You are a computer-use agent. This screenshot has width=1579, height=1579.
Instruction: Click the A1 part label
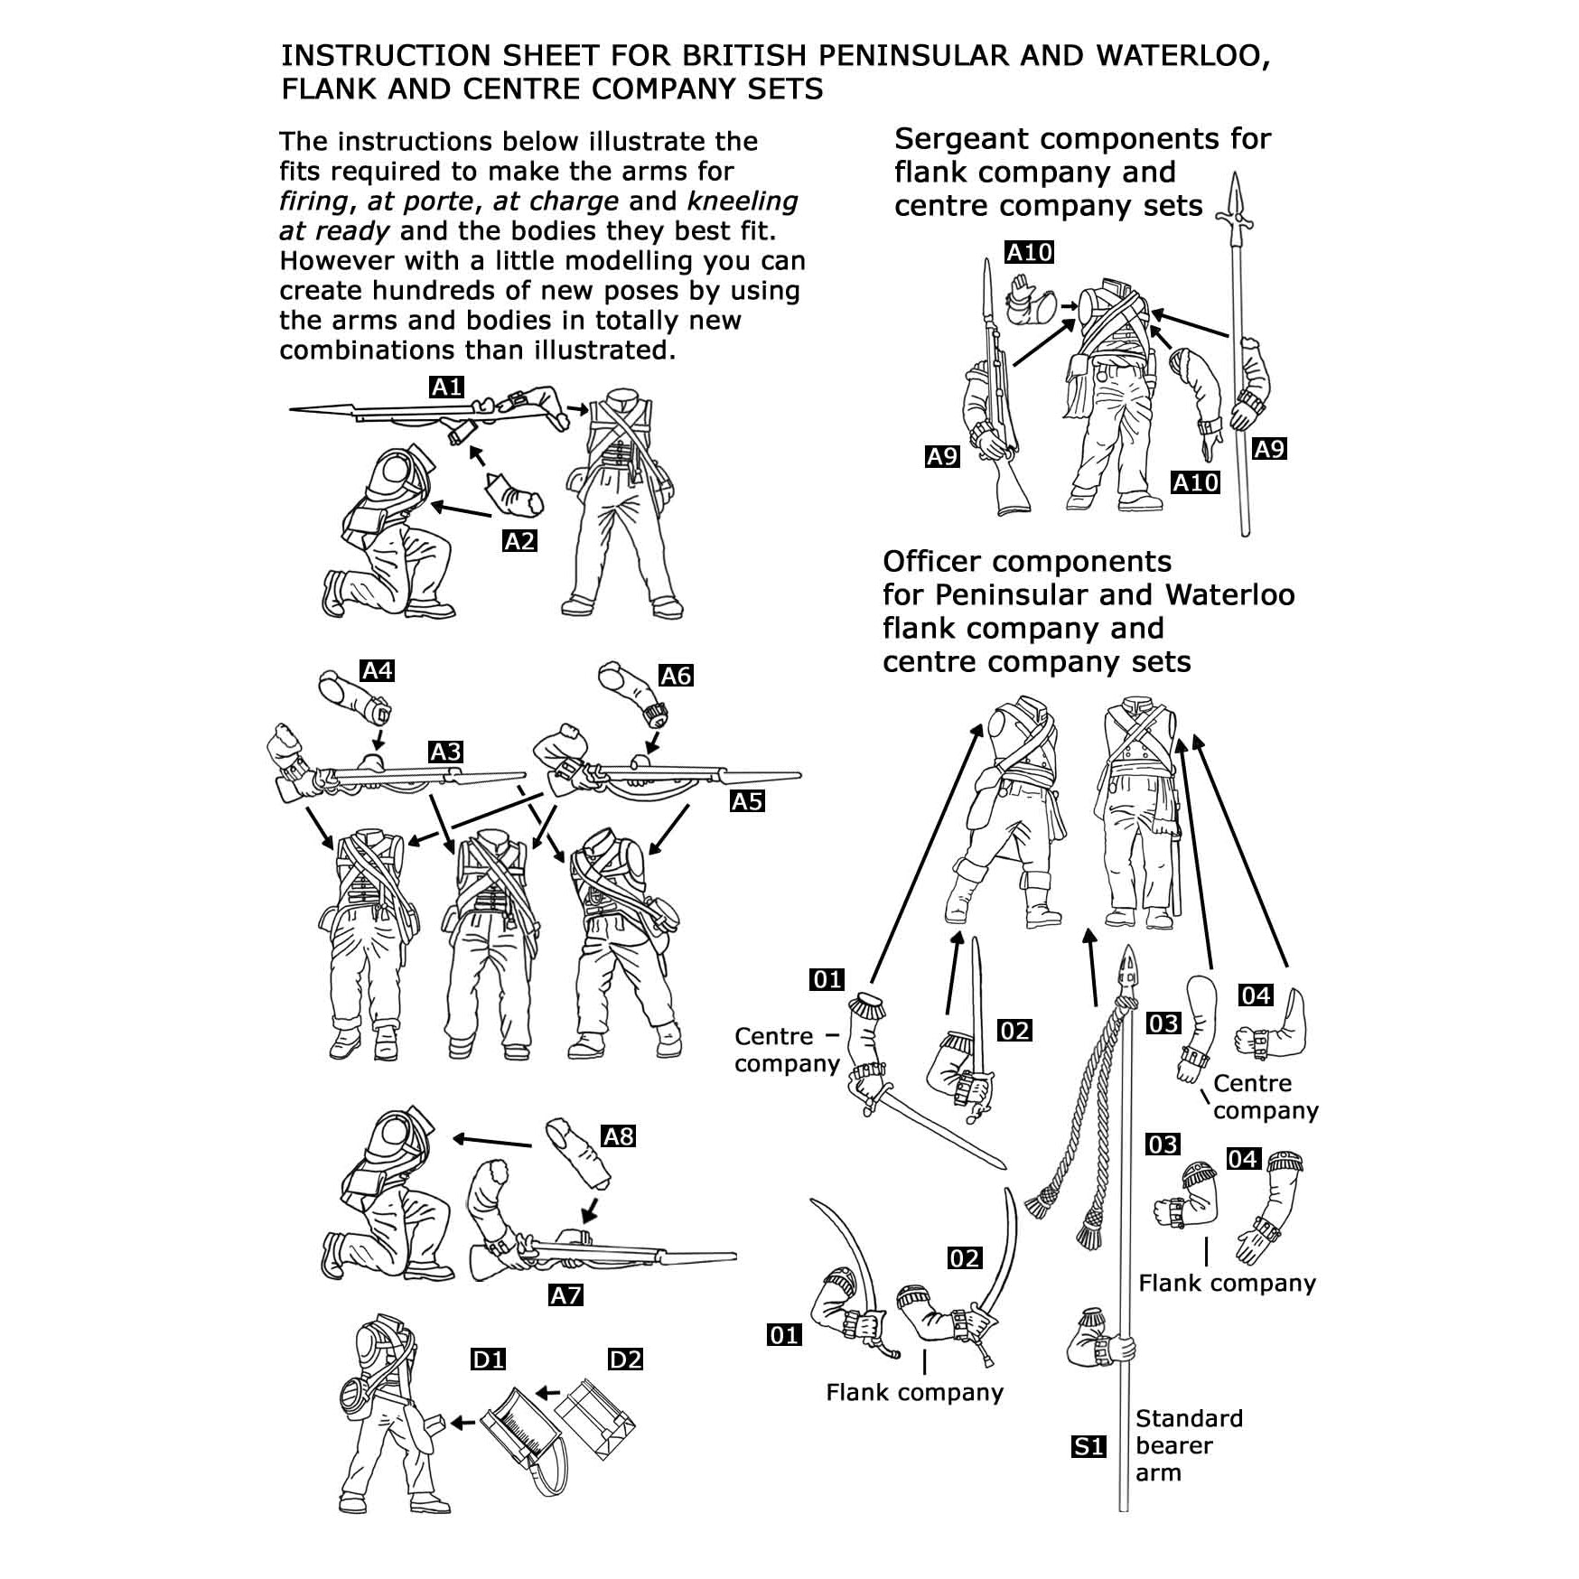[446, 388]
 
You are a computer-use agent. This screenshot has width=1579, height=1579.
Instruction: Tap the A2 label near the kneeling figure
[519, 541]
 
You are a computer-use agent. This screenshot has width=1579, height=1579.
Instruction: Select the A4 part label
[377, 670]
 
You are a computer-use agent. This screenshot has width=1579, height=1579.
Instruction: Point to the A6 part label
[676, 676]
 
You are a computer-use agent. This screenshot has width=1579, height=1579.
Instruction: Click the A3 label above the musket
[445, 752]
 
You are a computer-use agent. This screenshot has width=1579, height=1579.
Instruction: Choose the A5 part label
[747, 801]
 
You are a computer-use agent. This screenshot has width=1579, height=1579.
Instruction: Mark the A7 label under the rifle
[565, 1295]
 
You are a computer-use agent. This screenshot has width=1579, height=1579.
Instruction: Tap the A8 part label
[619, 1135]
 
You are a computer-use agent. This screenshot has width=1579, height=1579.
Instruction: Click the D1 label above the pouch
[489, 1359]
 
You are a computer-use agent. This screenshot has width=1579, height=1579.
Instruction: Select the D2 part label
[625, 1359]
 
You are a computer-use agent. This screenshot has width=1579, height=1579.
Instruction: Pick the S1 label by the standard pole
[1088, 1446]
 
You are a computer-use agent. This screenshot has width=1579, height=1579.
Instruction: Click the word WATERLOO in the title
[1183, 56]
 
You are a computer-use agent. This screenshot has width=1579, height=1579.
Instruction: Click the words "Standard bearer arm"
[1187, 1445]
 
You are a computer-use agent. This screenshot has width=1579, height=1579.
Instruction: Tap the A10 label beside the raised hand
[1030, 252]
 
